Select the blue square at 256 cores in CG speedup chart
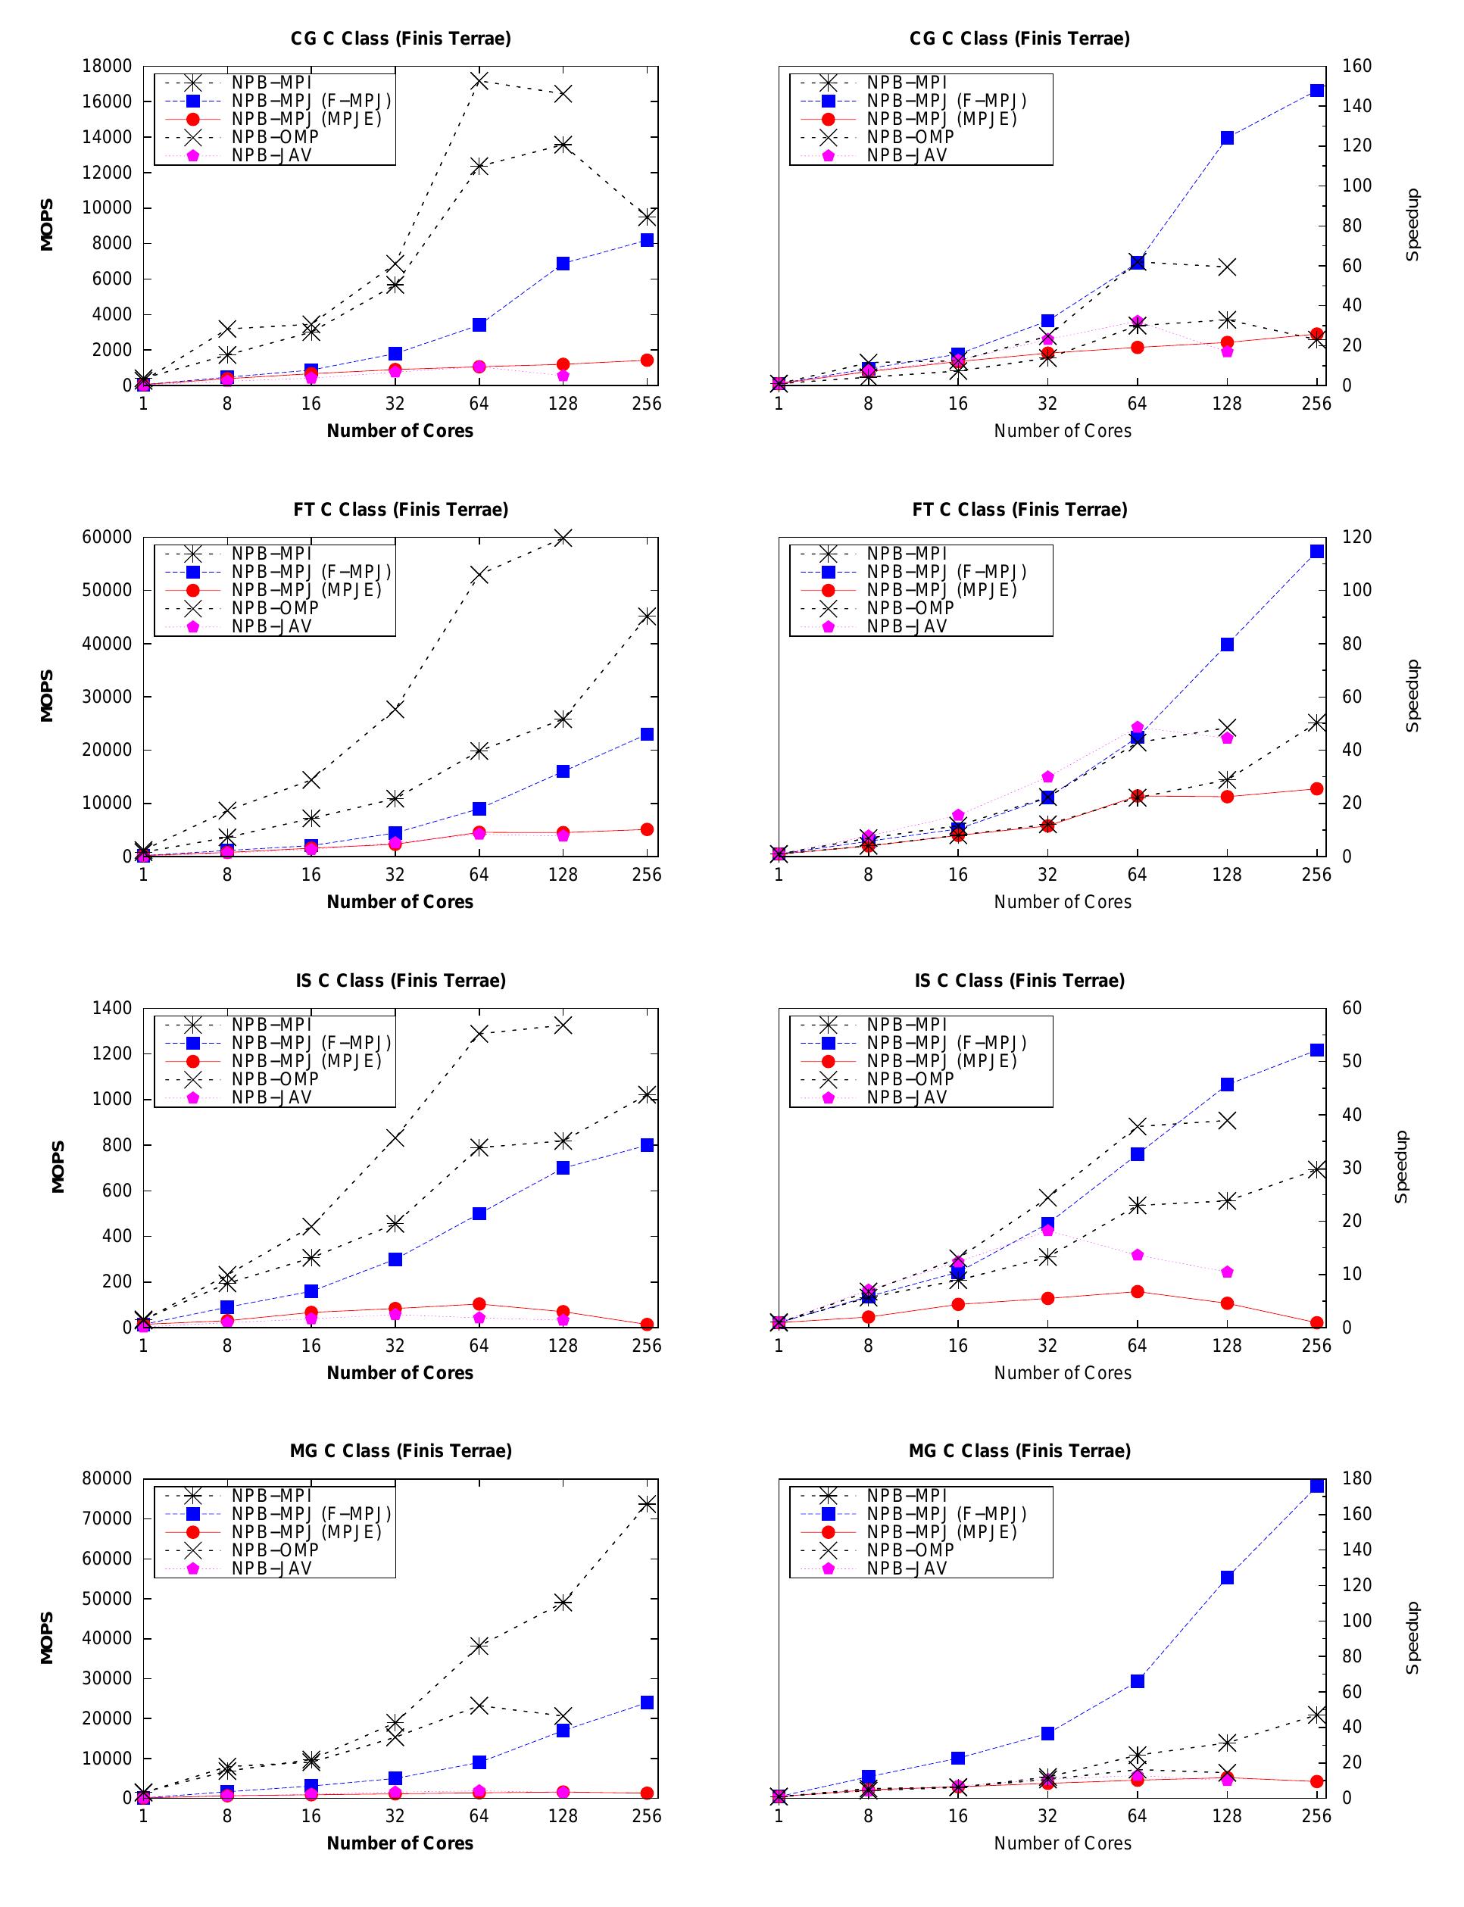tap(1317, 91)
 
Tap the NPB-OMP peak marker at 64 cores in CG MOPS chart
tap(479, 81)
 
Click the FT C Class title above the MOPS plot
tap(401, 510)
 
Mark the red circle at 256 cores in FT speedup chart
tap(1317, 788)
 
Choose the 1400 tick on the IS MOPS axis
tap(111, 1008)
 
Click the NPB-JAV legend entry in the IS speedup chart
tap(907, 1097)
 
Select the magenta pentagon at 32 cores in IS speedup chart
tap(1047, 1230)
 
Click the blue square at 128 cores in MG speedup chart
tap(1227, 1578)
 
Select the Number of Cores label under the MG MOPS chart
tap(400, 1843)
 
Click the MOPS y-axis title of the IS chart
tap(58, 1167)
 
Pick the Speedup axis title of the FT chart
tap(1412, 696)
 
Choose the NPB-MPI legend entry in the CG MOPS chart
tap(271, 83)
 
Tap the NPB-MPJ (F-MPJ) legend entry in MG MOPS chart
tap(311, 1514)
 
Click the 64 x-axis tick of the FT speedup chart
tap(1138, 875)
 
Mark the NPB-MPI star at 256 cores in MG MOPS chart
tap(647, 1503)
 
